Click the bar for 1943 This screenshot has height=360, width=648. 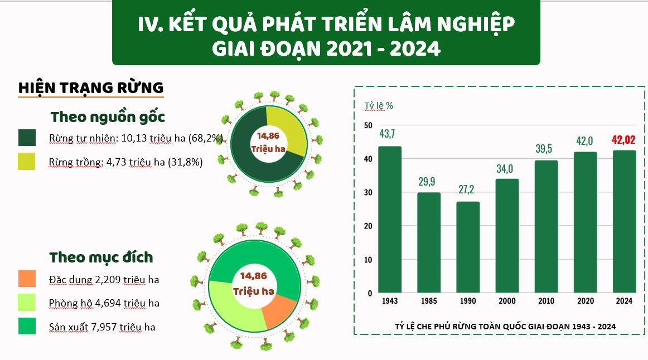[390, 220]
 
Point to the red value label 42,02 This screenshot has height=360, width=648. [623, 140]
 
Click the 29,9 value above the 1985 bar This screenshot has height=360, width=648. [429, 182]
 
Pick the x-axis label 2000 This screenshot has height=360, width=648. [507, 301]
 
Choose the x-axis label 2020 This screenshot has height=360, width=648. [585, 301]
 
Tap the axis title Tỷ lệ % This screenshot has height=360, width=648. [379, 105]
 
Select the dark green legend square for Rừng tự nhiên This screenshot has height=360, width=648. [27, 138]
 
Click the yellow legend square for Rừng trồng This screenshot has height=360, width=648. [27, 162]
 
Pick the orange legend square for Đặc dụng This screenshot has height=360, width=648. [27, 279]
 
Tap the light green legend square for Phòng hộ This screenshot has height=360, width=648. [27, 302]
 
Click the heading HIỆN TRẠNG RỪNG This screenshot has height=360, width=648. [91, 87]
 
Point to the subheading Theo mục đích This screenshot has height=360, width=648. [101, 257]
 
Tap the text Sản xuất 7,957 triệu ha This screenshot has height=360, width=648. [102, 327]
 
